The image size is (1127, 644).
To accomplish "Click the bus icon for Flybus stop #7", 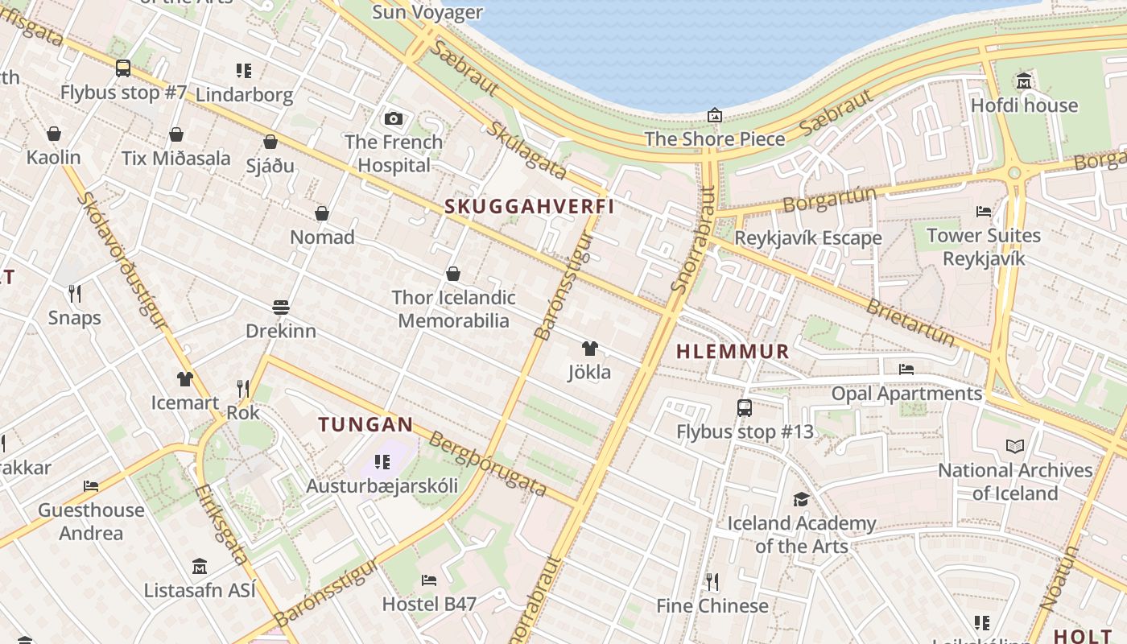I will click(123, 68).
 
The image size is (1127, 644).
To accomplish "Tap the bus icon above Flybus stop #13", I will click(745, 408).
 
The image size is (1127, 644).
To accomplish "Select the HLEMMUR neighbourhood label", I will click(733, 352).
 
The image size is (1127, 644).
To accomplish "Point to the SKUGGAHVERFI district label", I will click(530, 207).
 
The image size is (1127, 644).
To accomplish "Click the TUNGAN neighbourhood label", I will click(365, 424).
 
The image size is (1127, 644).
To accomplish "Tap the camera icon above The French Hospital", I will click(394, 119).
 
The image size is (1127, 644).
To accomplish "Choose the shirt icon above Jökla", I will click(590, 349).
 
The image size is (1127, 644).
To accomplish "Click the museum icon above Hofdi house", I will click(1024, 81).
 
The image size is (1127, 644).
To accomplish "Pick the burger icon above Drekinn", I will click(281, 308).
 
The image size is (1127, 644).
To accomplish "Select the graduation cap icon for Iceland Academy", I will click(801, 499).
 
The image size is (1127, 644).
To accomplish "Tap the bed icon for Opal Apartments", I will click(906, 369).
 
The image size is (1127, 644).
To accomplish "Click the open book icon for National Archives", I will click(1015, 446).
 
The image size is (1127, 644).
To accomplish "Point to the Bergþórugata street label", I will click(488, 464).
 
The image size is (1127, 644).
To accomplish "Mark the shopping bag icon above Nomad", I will click(322, 213).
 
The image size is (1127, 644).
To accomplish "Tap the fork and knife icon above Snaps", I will click(75, 294).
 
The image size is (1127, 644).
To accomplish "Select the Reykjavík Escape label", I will click(808, 238).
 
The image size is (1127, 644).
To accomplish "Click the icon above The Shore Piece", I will click(715, 116).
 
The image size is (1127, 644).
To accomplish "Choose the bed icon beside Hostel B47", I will click(429, 580).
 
